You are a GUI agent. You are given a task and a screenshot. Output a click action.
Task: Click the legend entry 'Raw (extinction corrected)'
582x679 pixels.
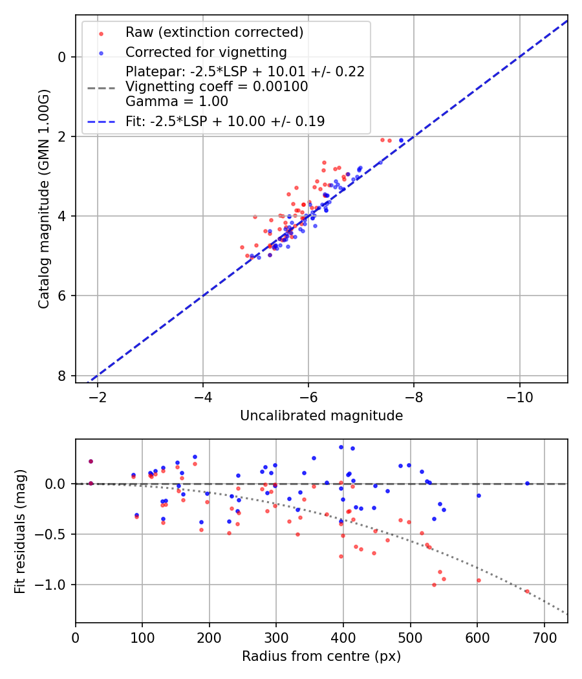point(214,32)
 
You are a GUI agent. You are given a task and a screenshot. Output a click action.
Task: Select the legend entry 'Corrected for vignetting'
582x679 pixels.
point(206,52)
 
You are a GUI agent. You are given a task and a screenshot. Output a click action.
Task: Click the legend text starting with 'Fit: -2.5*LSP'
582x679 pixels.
point(225,121)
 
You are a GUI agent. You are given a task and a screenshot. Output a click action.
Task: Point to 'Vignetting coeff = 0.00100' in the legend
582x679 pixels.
point(217,86)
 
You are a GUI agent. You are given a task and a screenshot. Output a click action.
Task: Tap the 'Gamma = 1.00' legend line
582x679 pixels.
point(177,101)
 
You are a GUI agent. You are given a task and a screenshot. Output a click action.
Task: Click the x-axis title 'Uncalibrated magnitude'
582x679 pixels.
point(321,416)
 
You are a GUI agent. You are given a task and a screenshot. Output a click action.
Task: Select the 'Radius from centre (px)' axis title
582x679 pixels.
point(321,656)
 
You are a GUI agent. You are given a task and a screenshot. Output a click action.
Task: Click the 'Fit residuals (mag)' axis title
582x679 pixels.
point(20,530)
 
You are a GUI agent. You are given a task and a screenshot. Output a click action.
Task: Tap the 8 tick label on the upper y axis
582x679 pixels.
point(62,376)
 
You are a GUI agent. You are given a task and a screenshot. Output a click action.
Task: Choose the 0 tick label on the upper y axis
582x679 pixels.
point(62,57)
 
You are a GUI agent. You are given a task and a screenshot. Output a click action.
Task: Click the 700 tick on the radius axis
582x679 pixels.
point(544,638)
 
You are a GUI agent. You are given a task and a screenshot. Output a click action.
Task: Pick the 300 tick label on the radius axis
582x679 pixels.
point(276,638)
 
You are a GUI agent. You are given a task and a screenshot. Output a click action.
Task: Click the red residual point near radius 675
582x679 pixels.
point(527,591)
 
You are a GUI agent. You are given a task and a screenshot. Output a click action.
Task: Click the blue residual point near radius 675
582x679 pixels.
point(527,483)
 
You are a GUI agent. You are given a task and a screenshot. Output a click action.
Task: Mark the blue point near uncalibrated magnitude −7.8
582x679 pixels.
point(401,140)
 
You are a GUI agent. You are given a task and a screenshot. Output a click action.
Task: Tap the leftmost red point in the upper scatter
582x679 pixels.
point(242,247)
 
